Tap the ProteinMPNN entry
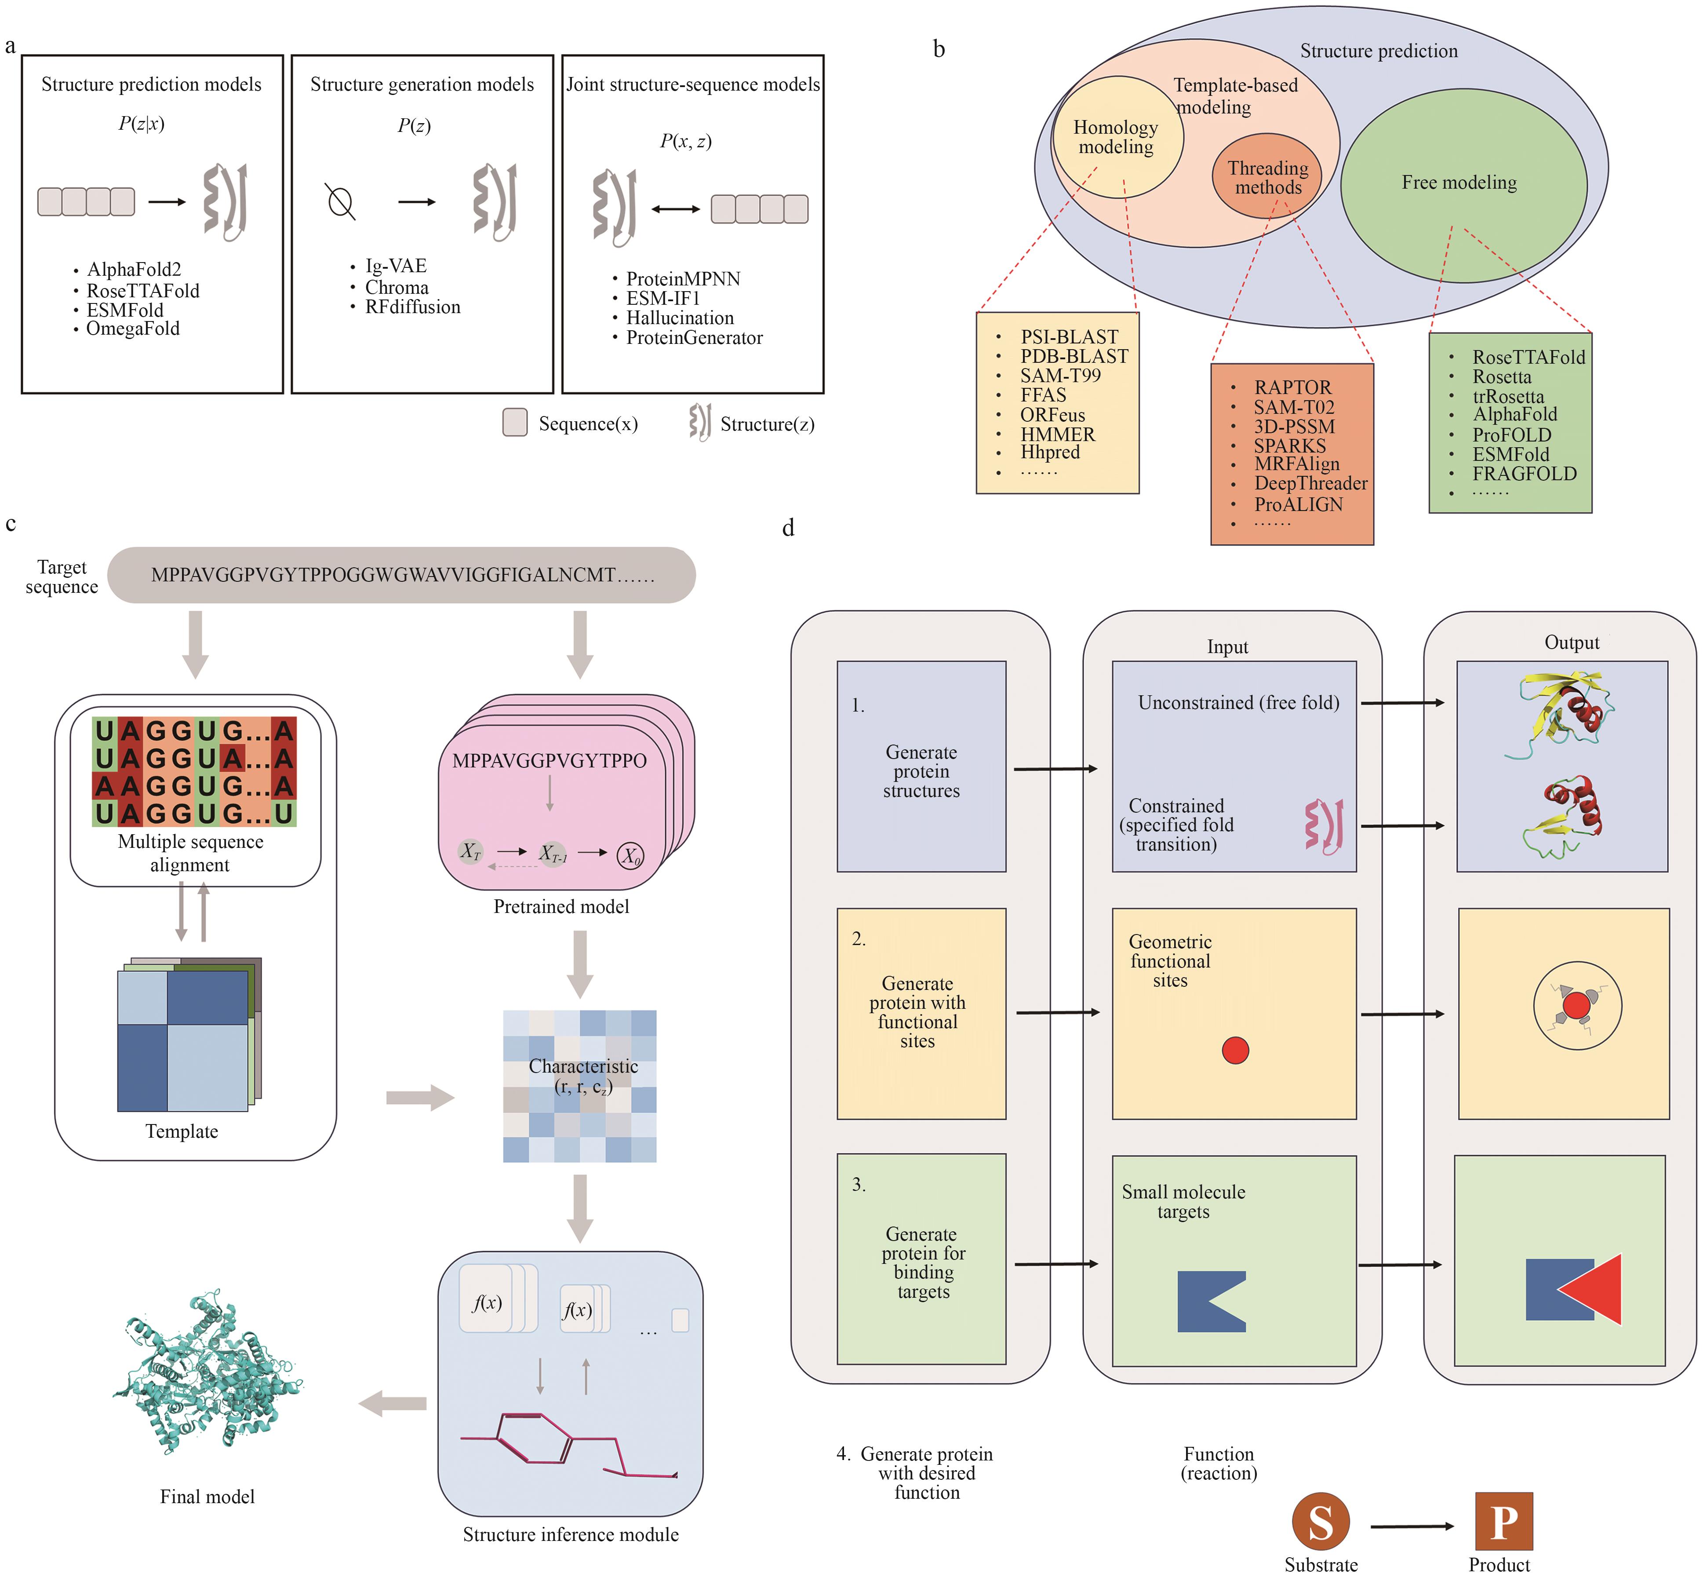(683, 279)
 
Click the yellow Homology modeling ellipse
(1116, 136)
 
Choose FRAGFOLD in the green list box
(1524, 474)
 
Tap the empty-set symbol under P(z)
(340, 202)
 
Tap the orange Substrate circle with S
(1320, 1522)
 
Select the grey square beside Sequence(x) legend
(514, 423)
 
